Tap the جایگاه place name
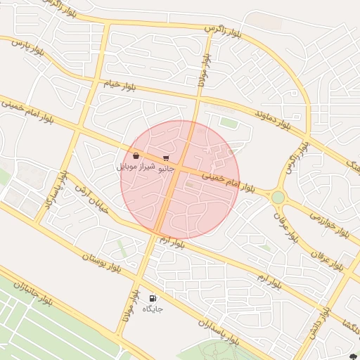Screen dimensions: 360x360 (x=153, y=309)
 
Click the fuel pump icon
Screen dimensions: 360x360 (x=153, y=298)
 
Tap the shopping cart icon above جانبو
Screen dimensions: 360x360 (x=166, y=159)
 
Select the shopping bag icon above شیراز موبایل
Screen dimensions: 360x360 (x=136, y=156)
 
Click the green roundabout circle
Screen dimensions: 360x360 (x=278, y=197)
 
